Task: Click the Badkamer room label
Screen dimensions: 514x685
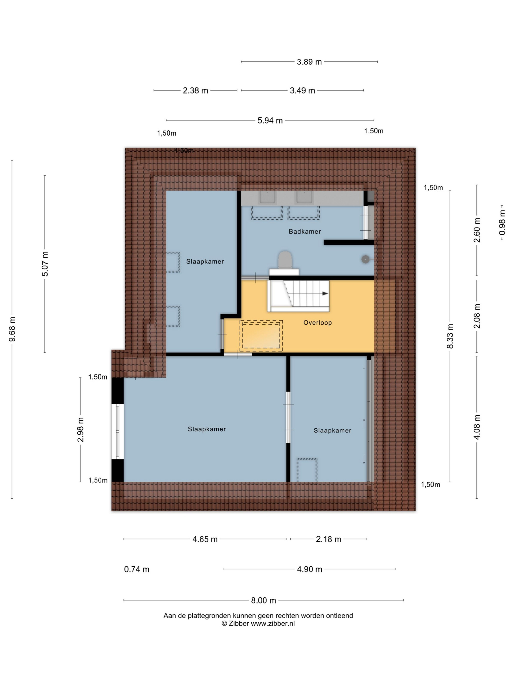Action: click(x=304, y=231)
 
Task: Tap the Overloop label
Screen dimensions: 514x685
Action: click(x=317, y=323)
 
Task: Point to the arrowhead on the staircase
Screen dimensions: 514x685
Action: click(x=325, y=293)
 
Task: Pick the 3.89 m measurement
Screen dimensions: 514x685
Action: click(x=309, y=62)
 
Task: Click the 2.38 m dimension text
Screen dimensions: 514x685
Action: click(x=196, y=91)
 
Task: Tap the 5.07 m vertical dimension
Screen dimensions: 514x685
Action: click(x=45, y=264)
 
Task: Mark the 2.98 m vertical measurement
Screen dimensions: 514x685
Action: click(x=81, y=430)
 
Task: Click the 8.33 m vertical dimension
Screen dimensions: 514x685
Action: click(x=450, y=336)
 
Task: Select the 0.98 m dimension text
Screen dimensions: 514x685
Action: click(x=502, y=222)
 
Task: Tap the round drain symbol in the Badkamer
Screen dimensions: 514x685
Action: click(x=366, y=259)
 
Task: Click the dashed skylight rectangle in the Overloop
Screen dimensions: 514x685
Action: click(x=261, y=336)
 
